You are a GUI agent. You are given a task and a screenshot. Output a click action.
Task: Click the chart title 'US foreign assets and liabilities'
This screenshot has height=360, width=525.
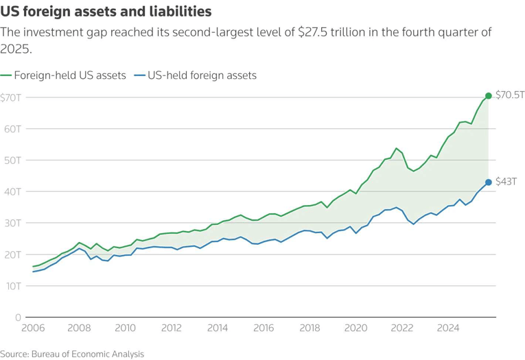click(106, 12)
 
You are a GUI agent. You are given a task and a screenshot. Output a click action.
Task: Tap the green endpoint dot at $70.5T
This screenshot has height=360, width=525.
click(488, 95)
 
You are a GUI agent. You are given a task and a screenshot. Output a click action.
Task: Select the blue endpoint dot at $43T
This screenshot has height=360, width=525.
click(488, 182)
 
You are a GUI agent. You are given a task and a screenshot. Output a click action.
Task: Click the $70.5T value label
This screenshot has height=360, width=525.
click(509, 95)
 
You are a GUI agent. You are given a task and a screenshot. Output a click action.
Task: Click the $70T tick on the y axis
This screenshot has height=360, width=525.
click(11, 97)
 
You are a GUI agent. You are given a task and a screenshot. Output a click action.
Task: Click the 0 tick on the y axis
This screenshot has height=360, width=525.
click(18, 317)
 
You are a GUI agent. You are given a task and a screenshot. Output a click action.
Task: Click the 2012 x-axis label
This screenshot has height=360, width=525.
click(171, 328)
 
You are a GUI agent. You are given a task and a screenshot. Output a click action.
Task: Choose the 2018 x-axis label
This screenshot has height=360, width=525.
click(310, 328)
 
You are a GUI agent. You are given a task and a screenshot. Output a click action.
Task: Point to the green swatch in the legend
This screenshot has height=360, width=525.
click(6, 75)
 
